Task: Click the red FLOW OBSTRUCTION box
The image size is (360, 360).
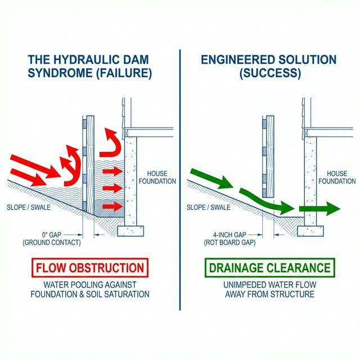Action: pos(90,268)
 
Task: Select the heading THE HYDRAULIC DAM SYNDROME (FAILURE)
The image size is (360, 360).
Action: pos(89,66)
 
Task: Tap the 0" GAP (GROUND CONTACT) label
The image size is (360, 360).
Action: pos(52,238)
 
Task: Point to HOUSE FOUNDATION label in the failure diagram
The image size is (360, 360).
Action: pos(160,177)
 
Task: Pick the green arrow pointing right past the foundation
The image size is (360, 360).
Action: pos(319,209)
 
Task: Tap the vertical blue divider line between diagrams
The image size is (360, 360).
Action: pos(180,180)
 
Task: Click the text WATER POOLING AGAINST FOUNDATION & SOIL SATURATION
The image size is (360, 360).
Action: pos(90,289)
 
